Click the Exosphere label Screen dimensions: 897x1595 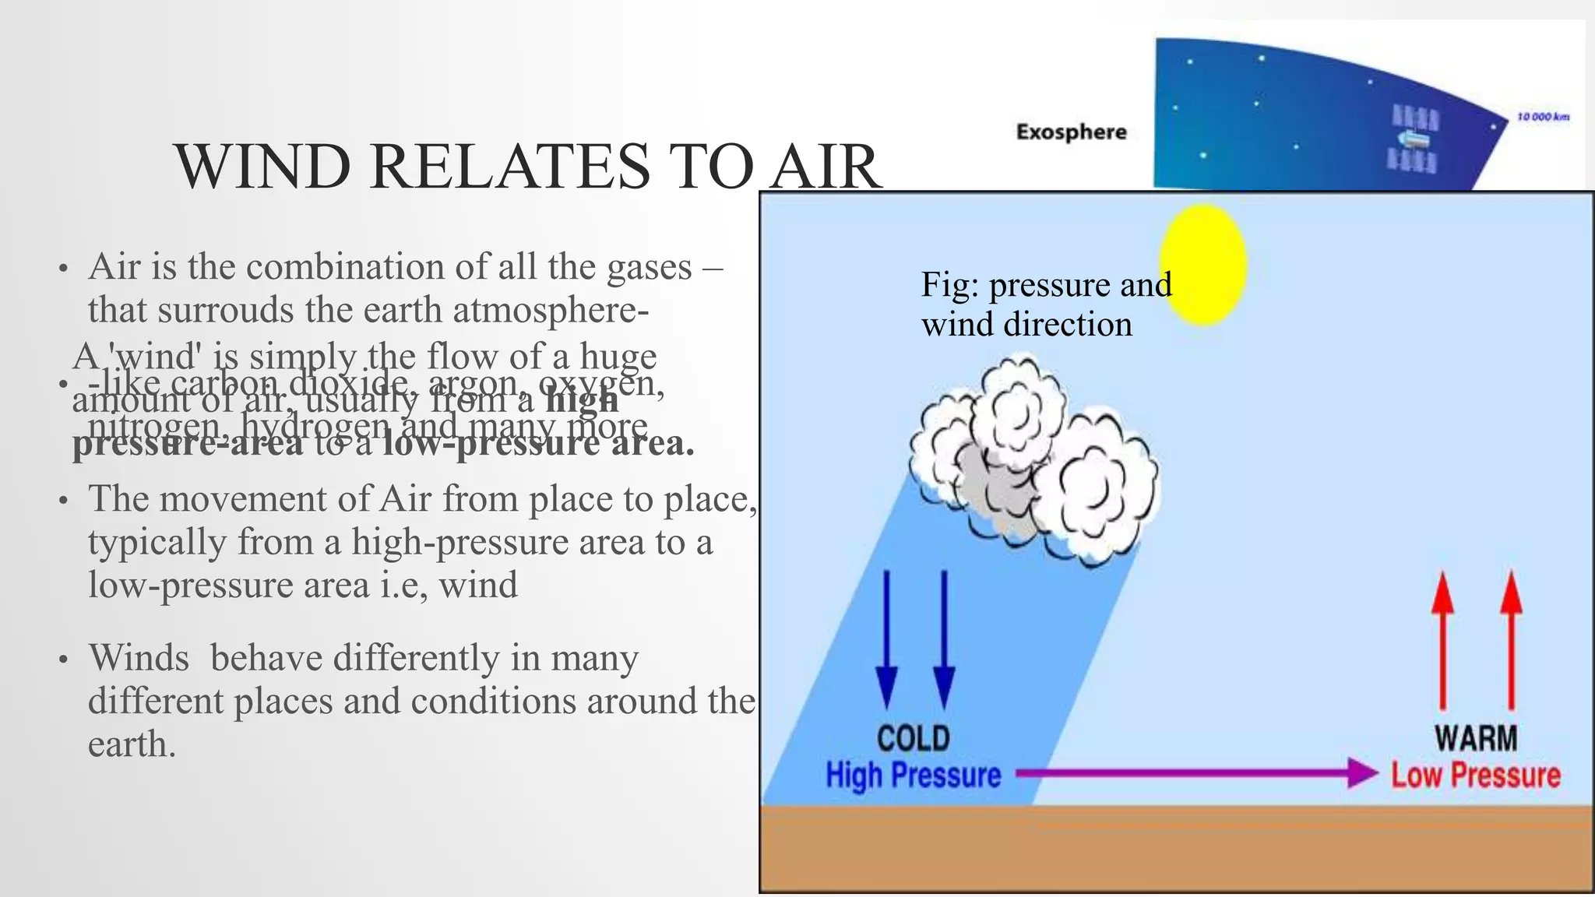(1071, 132)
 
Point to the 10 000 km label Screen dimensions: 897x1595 (1543, 117)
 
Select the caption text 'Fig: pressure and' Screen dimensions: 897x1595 (1045, 284)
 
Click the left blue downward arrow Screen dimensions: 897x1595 (886, 638)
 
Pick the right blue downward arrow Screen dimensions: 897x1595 (944, 638)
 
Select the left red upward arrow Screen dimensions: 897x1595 (1442, 638)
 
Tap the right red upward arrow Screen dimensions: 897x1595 (1511, 638)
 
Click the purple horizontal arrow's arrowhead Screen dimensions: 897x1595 (1363, 773)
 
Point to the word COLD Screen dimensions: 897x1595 (913, 738)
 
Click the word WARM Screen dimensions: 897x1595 (1476, 738)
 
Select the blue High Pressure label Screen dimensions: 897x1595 (913, 776)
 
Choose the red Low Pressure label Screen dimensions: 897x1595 (1476, 776)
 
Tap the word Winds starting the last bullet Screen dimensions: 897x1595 (139, 658)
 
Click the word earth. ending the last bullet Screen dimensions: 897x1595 (131, 744)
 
